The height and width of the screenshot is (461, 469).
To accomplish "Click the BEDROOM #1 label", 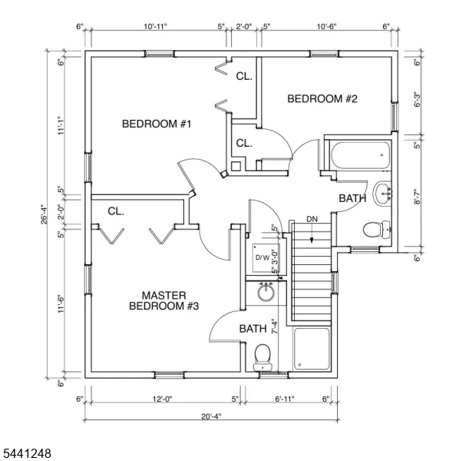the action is coord(157,124).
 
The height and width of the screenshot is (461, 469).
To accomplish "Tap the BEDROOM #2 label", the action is coord(322,99).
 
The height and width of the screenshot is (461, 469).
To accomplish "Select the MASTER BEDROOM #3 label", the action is coord(164,301).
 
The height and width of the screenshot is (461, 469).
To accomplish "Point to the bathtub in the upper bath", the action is coord(361,156).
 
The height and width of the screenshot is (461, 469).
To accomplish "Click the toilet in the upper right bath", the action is coord(376,230).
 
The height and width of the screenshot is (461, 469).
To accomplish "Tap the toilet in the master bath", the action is coord(263,357).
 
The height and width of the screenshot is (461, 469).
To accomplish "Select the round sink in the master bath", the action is coord(266,292).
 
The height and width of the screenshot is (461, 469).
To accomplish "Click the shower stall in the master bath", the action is coord(312,349).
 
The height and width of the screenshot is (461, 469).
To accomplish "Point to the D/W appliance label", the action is coord(263,257).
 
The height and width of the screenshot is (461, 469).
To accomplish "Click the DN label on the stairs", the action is coord(312,219).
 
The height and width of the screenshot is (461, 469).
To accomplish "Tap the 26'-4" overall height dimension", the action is coord(45,214).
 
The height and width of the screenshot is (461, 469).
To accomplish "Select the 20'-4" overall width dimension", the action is coord(211,416).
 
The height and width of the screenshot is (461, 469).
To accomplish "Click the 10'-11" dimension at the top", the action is coord(155,26).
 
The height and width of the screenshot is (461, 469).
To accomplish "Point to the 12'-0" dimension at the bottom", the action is coord(163,399).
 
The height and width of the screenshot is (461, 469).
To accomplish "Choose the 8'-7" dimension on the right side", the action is coord(418,196).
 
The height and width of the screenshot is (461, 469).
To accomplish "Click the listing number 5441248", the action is coord(26,453).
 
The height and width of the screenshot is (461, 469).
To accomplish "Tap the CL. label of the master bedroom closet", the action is coord(116,211).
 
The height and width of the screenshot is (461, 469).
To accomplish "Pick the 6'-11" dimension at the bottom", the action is coord(285,399).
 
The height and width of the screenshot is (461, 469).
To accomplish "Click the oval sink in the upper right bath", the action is coord(382,193).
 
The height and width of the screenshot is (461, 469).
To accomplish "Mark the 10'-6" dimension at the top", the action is coord(327,26).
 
